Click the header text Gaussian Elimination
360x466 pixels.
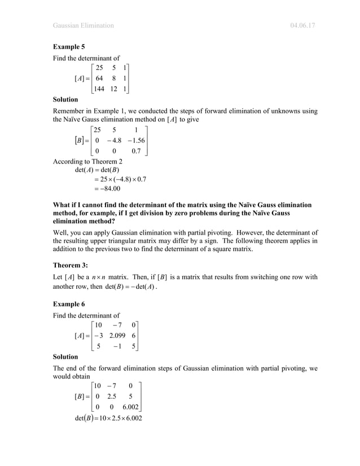pos(83,25)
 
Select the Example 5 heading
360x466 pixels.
pos(68,47)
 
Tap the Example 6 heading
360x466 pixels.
pos(68,304)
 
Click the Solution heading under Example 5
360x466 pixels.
pos(65,99)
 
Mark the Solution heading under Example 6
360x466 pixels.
pos(65,357)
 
